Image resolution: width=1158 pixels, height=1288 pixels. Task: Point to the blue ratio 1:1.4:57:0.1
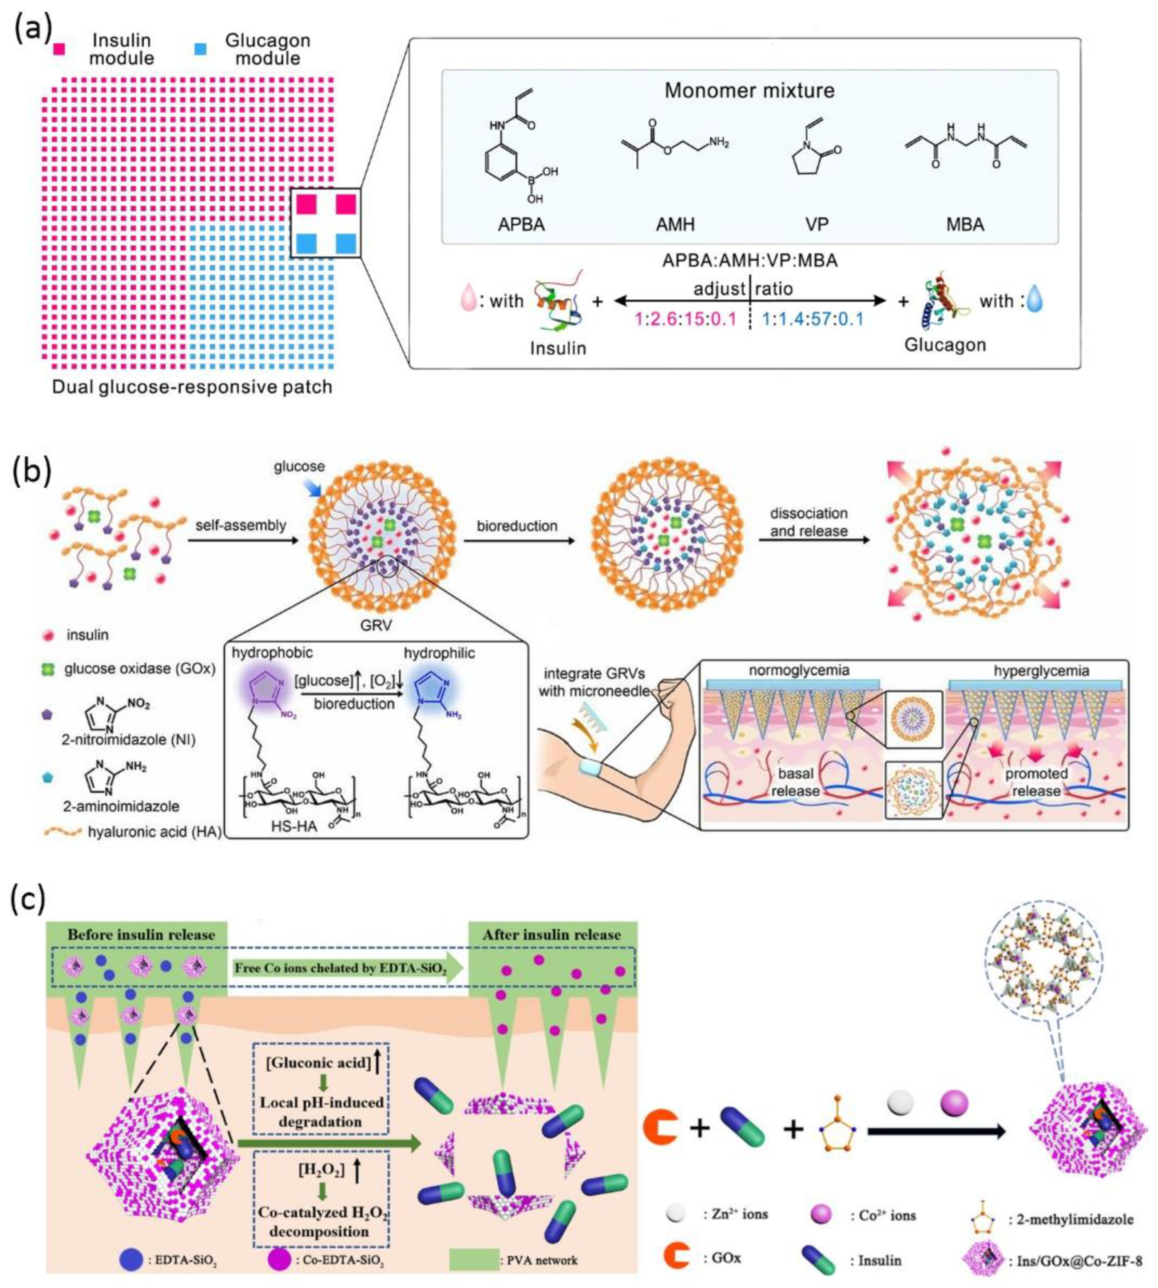pyautogui.click(x=813, y=319)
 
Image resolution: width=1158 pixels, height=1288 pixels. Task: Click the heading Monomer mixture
pyautogui.click(x=750, y=90)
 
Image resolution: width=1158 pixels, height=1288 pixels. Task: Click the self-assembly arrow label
pyautogui.click(x=241, y=525)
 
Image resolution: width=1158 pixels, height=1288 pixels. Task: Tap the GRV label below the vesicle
pyautogui.click(x=376, y=625)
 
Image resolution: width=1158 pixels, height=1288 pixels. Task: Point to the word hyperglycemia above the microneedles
pyautogui.click(x=1041, y=670)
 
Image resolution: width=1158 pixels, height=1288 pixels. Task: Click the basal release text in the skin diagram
pyautogui.click(x=795, y=782)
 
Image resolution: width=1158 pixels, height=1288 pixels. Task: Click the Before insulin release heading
pyautogui.click(x=141, y=935)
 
